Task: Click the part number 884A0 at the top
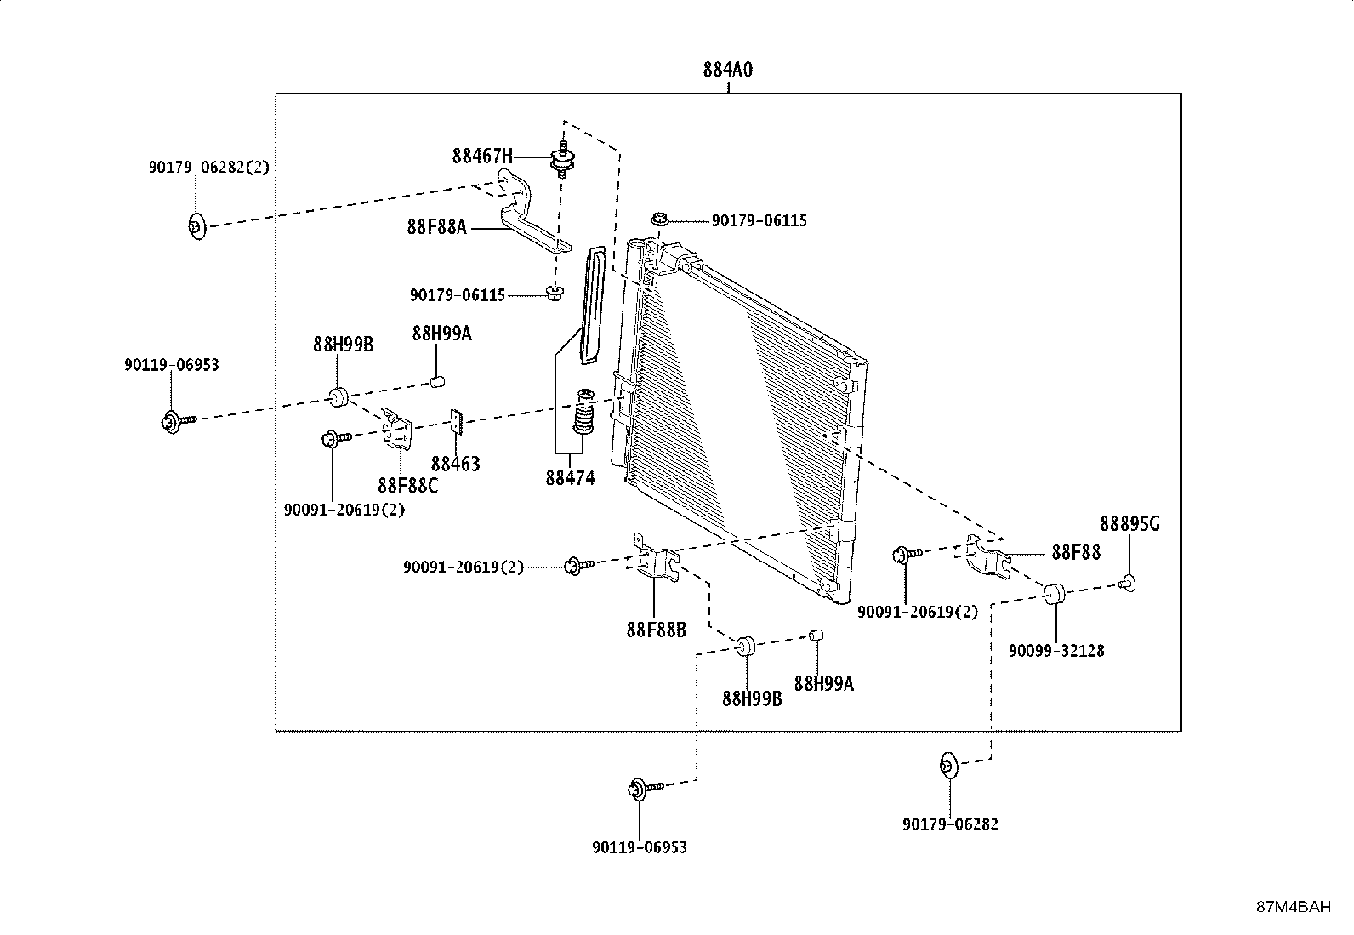[x=728, y=70]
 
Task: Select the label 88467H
[x=482, y=157]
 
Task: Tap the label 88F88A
[x=437, y=227]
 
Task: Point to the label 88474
[x=570, y=478]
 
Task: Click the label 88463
[x=455, y=465]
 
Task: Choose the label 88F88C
[x=408, y=486]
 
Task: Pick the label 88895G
[x=1129, y=524]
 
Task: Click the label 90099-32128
[x=1056, y=652]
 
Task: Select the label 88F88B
[x=657, y=630]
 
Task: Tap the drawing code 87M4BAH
[x=1294, y=907]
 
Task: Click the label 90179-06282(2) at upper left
[x=209, y=168]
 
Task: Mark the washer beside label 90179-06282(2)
[x=196, y=227]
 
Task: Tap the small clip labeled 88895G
[x=1127, y=584]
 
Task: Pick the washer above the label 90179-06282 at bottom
[x=949, y=766]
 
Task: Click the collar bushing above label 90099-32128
[x=1054, y=594]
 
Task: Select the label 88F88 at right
[x=1076, y=553]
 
